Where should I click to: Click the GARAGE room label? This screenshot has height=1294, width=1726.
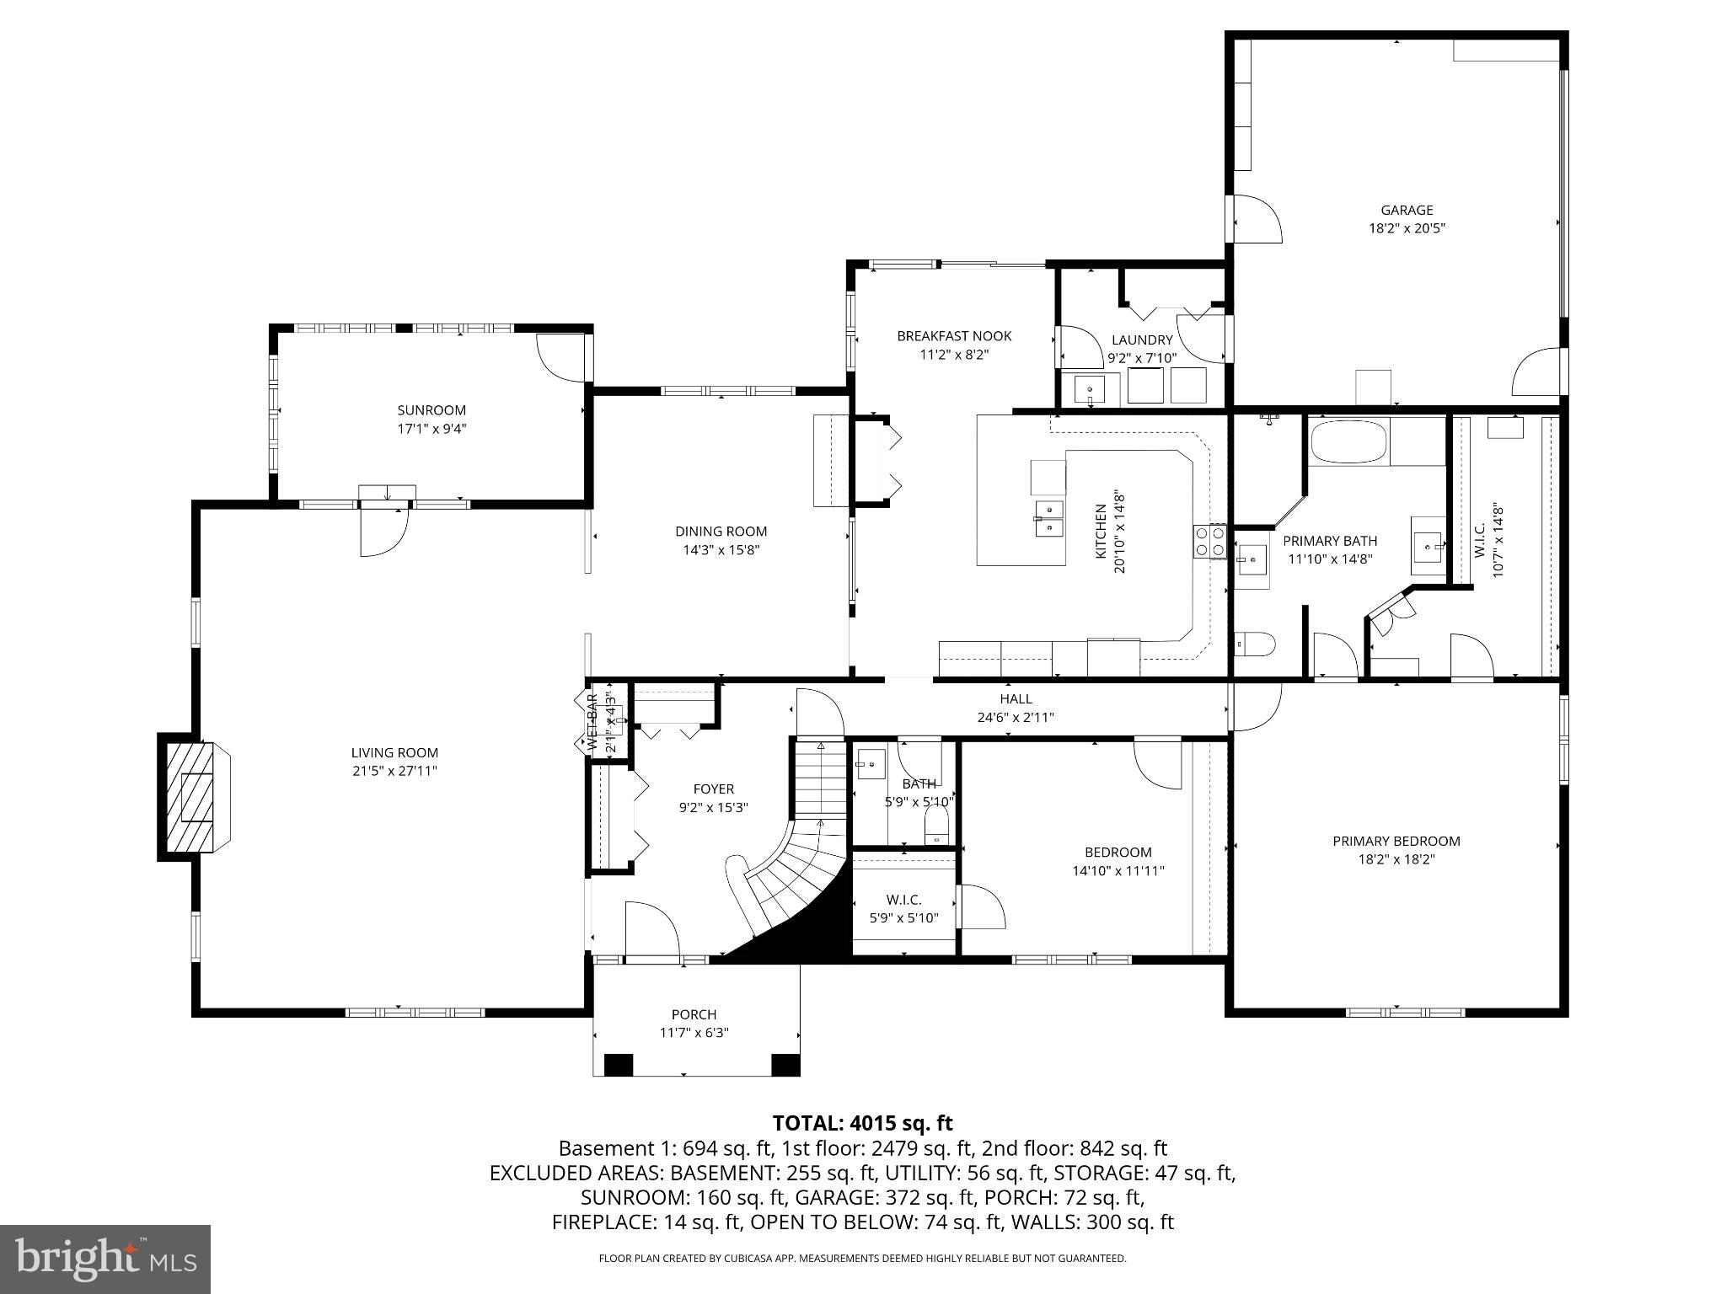[x=1406, y=211]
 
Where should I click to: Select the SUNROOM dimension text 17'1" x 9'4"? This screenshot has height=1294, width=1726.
[x=431, y=429]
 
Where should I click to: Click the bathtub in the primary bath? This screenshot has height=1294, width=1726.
[x=1348, y=441]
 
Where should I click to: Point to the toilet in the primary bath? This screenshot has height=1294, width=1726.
[x=1255, y=645]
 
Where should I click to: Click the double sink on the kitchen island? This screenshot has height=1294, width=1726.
[x=1049, y=518]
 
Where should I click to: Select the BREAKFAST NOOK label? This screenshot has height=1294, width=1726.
[x=953, y=336]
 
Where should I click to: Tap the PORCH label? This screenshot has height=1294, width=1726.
[x=694, y=1014]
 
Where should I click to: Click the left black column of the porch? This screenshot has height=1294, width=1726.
[x=619, y=1064]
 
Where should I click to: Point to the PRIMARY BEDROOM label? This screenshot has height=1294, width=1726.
[x=1396, y=841]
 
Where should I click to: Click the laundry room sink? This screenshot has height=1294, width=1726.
[x=1090, y=390]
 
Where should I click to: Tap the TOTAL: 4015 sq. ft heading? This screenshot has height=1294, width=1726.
[x=862, y=1123]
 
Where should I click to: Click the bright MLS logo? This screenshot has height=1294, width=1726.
[x=105, y=1259]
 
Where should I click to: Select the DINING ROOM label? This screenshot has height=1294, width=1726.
[x=721, y=532]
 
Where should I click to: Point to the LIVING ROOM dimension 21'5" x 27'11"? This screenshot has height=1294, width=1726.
[x=394, y=771]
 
